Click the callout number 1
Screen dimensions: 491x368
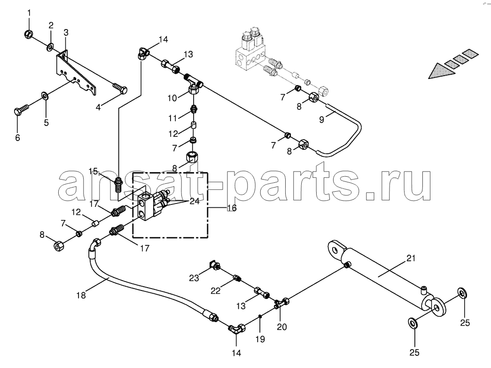pyautogui.click(x=29, y=13)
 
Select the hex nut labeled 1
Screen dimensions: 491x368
pyautogui.click(x=28, y=34)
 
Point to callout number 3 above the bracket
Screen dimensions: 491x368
pyautogui.click(x=66, y=32)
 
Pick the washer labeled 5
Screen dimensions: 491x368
pyautogui.click(x=45, y=95)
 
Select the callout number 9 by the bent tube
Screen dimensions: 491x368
pyautogui.click(x=321, y=119)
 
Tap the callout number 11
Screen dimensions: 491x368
pyautogui.click(x=173, y=118)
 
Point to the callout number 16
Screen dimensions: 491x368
pyautogui.click(x=232, y=208)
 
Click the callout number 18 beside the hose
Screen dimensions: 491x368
pyautogui.click(x=81, y=295)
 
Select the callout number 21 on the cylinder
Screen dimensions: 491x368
pyautogui.click(x=411, y=258)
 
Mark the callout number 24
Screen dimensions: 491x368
pyautogui.click(x=195, y=201)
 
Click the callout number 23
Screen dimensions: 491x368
pyautogui.click(x=194, y=278)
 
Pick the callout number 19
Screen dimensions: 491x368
pyautogui.click(x=260, y=339)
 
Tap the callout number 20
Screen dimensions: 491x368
pyautogui.click(x=282, y=327)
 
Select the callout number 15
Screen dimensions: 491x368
pyautogui.click(x=94, y=172)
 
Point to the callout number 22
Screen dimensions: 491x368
pyautogui.click(x=216, y=290)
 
